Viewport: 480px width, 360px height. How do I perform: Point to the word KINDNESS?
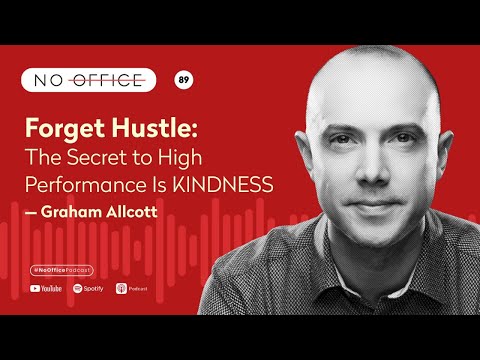click(x=232, y=185)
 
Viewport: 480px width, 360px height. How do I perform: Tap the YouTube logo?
click(x=45, y=288)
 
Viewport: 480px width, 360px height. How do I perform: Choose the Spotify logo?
click(x=88, y=288)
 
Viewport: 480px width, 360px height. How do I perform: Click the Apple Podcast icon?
click(x=122, y=288)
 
